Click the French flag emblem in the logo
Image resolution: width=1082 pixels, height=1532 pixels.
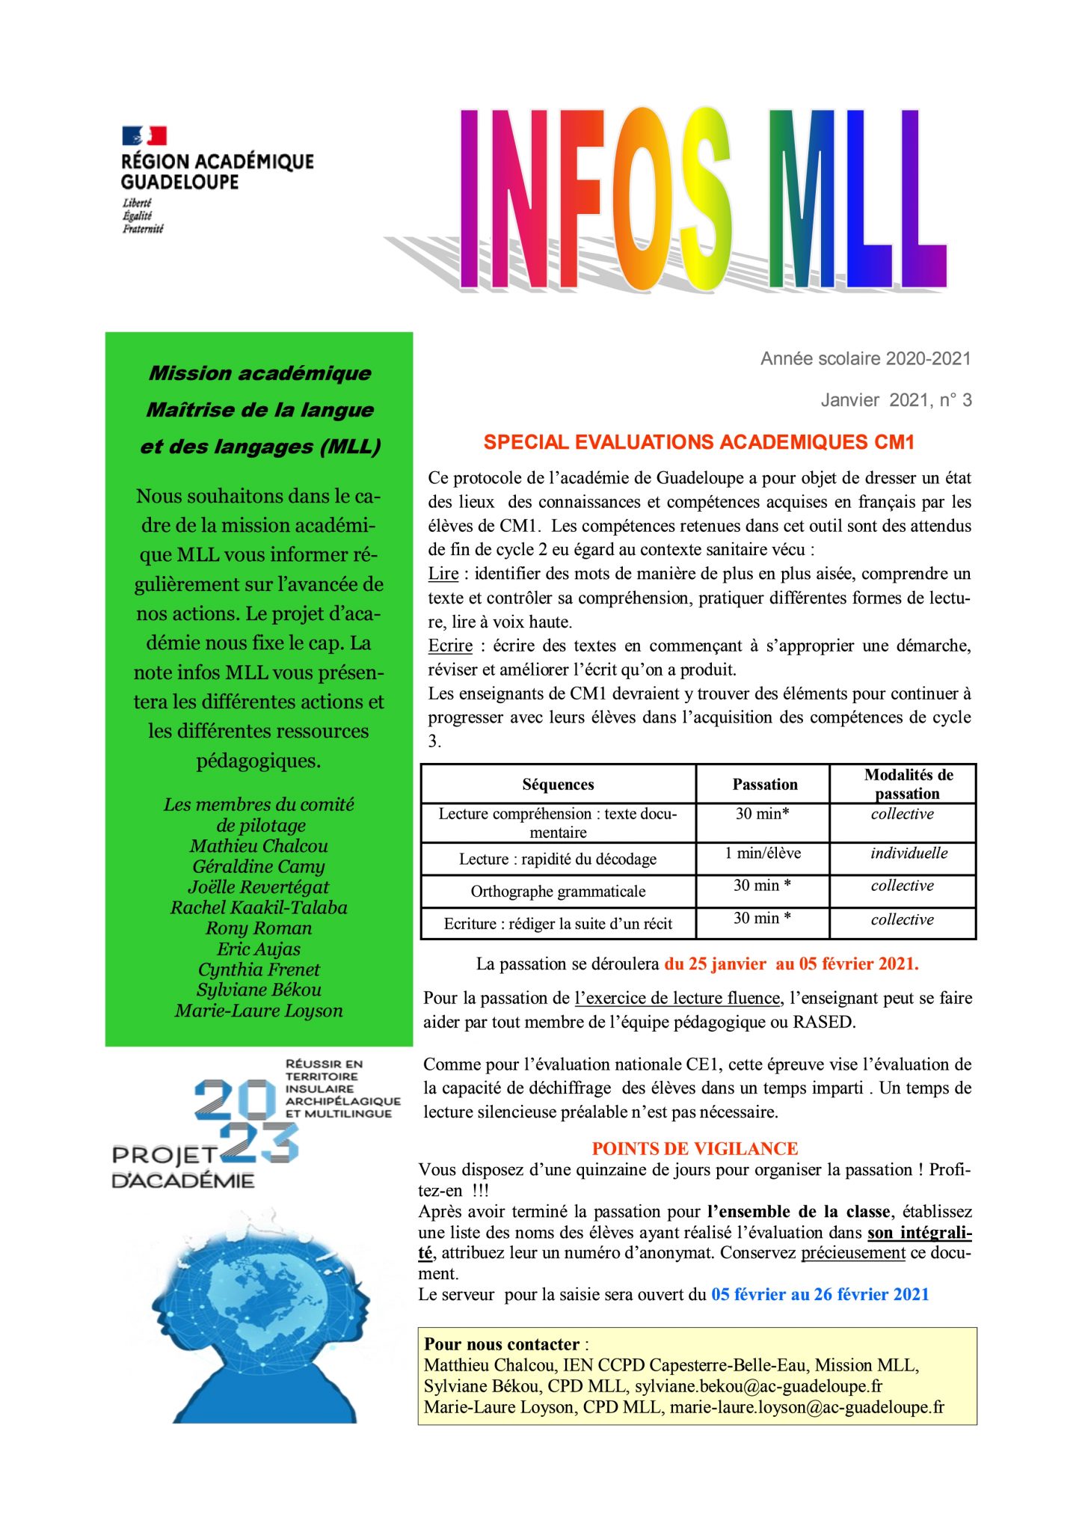144,136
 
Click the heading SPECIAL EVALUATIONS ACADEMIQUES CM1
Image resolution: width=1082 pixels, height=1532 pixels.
698,443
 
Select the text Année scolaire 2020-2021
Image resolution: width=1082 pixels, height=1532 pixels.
865,359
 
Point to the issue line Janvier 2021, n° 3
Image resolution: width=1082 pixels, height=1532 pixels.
896,401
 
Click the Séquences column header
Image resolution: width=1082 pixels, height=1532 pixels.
558,785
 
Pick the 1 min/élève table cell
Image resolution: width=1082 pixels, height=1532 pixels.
762,854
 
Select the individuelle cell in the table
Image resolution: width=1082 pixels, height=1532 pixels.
909,854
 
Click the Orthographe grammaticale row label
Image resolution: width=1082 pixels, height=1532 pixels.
558,892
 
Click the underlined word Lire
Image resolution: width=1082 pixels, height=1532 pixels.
443,574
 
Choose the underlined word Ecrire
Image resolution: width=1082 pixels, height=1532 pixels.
450,646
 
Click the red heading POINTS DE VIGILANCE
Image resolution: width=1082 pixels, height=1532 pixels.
695,1149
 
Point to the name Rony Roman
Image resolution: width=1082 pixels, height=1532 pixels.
259,928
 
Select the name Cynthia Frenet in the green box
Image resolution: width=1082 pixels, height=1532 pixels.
259,969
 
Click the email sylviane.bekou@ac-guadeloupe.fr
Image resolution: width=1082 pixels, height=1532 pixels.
759,1386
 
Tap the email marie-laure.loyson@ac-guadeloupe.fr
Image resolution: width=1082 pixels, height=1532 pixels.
807,1407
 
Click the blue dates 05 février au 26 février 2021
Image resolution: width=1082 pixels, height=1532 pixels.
820,1295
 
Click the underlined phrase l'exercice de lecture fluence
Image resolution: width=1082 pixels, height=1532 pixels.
677,999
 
